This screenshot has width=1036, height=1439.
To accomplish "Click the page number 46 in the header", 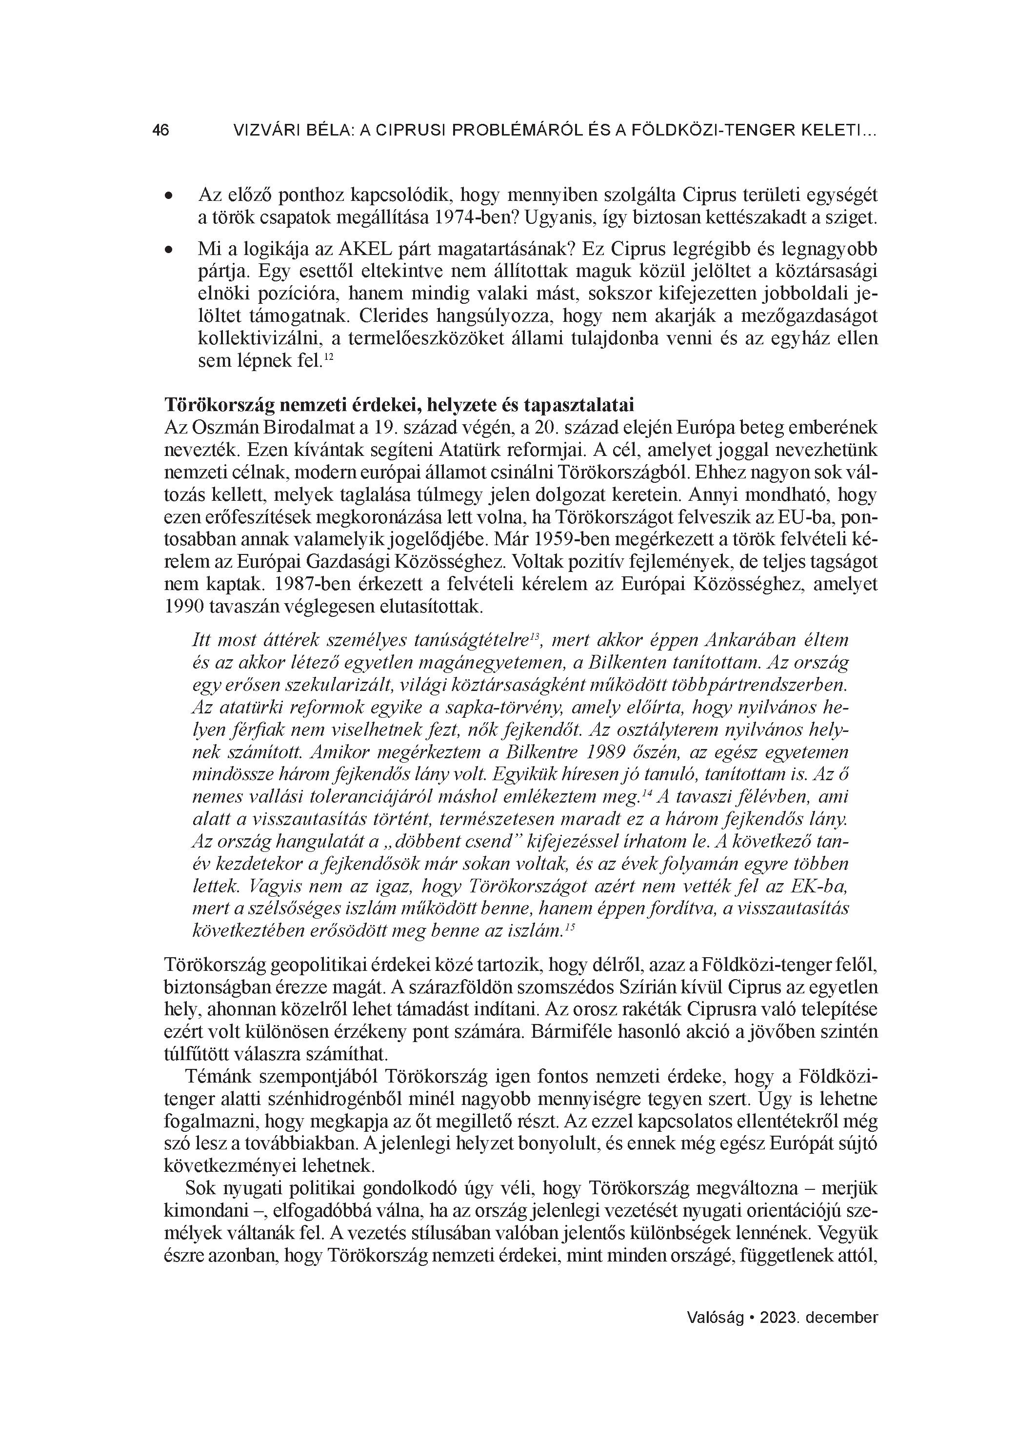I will pyautogui.click(x=160, y=131).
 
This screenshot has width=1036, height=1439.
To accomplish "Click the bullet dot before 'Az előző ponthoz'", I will pyautogui.click(x=169, y=198).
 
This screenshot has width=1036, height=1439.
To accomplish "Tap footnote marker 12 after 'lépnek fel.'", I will pyautogui.click(x=329, y=358).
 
